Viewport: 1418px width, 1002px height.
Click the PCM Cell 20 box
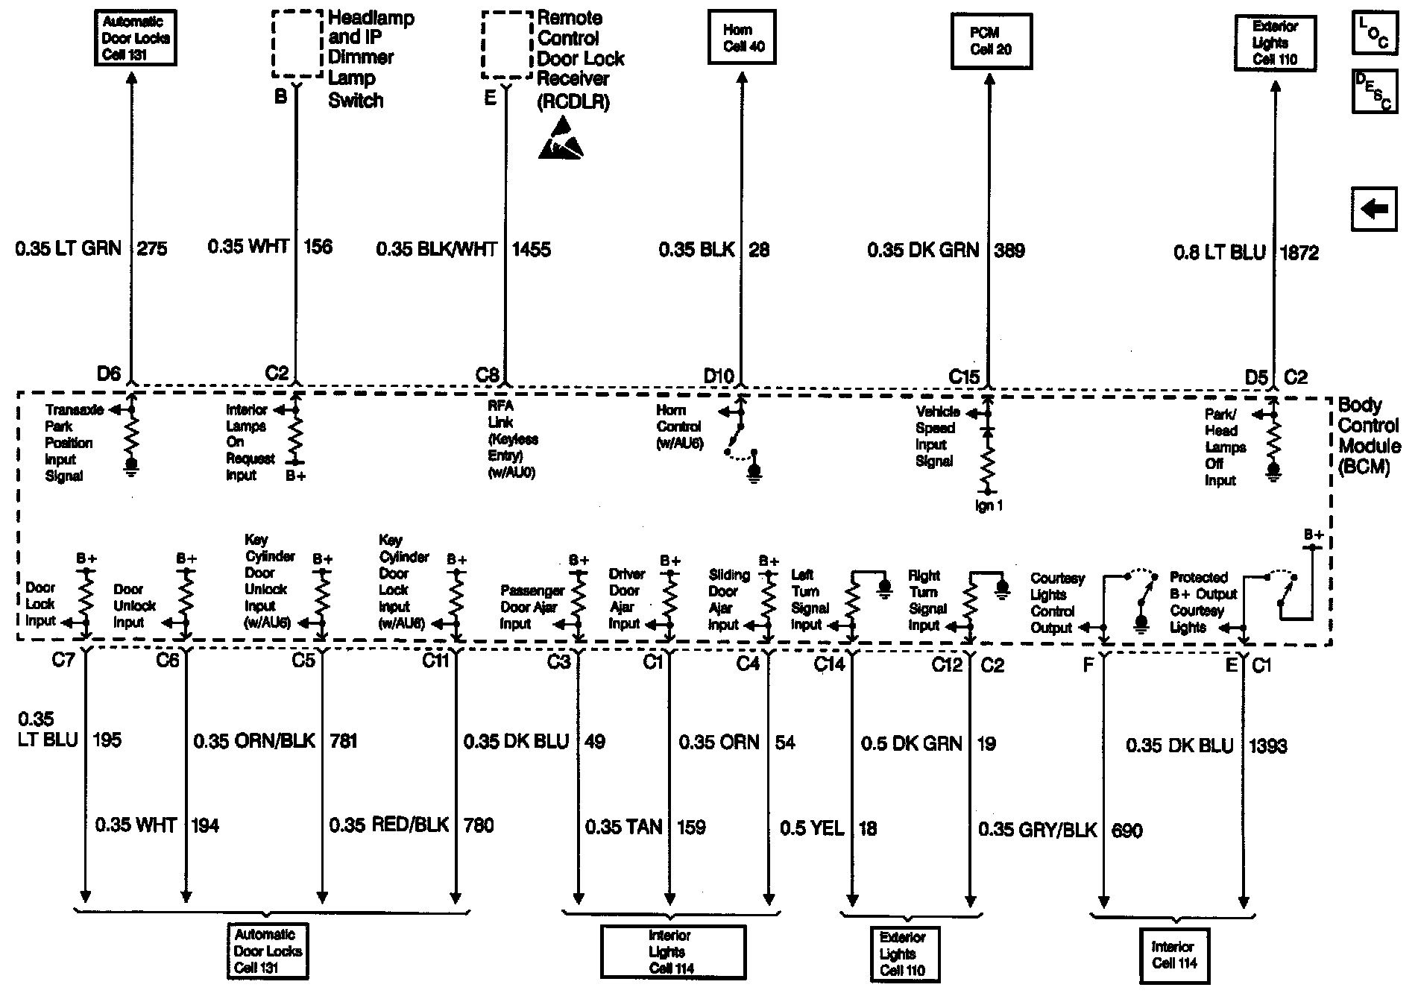click(x=990, y=42)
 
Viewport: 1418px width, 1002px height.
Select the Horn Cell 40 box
click(x=743, y=38)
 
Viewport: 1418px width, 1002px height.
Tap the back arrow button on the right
click(x=1374, y=209)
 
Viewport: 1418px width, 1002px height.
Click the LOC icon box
click(x=1374, y=33)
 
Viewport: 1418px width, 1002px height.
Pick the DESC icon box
click(x=1374, y=91)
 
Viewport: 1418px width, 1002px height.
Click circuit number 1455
click(x=531, y=249)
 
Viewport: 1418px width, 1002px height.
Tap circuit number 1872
click(x=1299, y=253)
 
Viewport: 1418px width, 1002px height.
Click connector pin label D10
click(x=719, y=376)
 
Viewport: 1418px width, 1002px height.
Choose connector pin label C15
click(x=963, y=376)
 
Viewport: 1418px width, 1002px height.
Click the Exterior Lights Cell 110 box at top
click(x=1275, y=43)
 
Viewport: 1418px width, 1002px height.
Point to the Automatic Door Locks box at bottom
click(x=268, y=951)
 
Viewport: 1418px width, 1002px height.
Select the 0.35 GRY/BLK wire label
click(x=1037, y=830)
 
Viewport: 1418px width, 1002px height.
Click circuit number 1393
click(x=1267, y=746)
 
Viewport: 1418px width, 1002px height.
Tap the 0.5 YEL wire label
click(x=812, y=828)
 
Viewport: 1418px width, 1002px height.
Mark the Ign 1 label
click(x=989, y=505)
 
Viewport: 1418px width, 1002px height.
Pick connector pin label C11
click(x=435, y=660)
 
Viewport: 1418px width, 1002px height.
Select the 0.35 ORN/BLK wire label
click(x=254, y=741)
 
